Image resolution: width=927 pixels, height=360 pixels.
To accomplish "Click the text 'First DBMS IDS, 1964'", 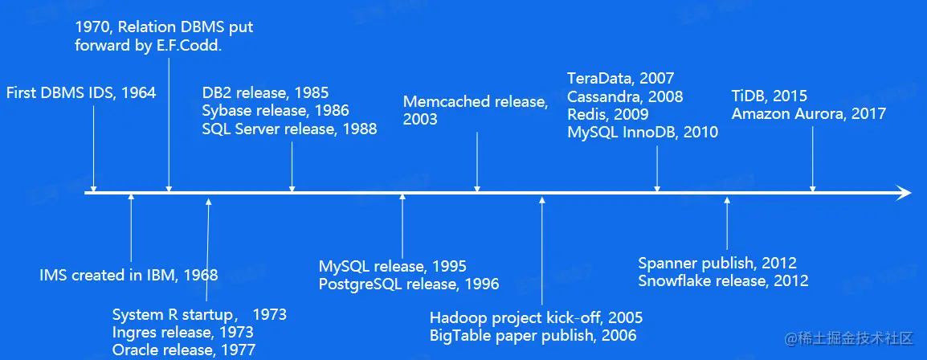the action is (x=81, y=92).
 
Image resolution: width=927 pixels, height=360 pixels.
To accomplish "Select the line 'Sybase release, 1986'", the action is (x=276, y=111).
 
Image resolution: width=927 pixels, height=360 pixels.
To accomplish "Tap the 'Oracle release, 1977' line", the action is (x=184, y=350).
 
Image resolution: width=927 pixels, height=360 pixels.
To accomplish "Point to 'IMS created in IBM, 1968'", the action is (x=129, y=275).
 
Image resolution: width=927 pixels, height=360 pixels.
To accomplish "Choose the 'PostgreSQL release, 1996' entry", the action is (x=409, y=284).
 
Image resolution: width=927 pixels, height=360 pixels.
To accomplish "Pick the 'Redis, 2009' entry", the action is (x=608, y=114).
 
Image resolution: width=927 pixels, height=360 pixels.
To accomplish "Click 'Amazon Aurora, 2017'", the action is (x=809, y=114).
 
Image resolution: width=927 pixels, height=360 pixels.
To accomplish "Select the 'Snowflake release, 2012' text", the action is (x=723, y=280).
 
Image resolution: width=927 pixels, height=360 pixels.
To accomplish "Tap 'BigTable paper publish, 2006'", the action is (x=533, y=336).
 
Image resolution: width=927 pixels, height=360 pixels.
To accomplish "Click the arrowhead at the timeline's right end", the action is (x=904, y=192).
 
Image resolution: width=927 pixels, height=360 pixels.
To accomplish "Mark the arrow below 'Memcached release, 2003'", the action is (x=477, y=162).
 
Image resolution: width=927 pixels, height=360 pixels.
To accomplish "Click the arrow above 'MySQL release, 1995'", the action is (x=402, y=225).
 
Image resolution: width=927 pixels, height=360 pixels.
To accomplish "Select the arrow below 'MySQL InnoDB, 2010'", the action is (x=657, y=169).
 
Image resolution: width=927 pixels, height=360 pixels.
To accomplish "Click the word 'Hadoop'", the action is (x=456, y=318).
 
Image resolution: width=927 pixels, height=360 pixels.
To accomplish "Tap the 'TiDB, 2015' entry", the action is (x=769, y=96).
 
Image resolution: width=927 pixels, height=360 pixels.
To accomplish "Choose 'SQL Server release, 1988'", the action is (x=290, y=129).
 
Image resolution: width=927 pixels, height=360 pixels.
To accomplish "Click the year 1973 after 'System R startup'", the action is (x=269, y=314).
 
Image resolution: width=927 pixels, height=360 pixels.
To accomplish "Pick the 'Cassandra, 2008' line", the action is (x=625, y=96).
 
